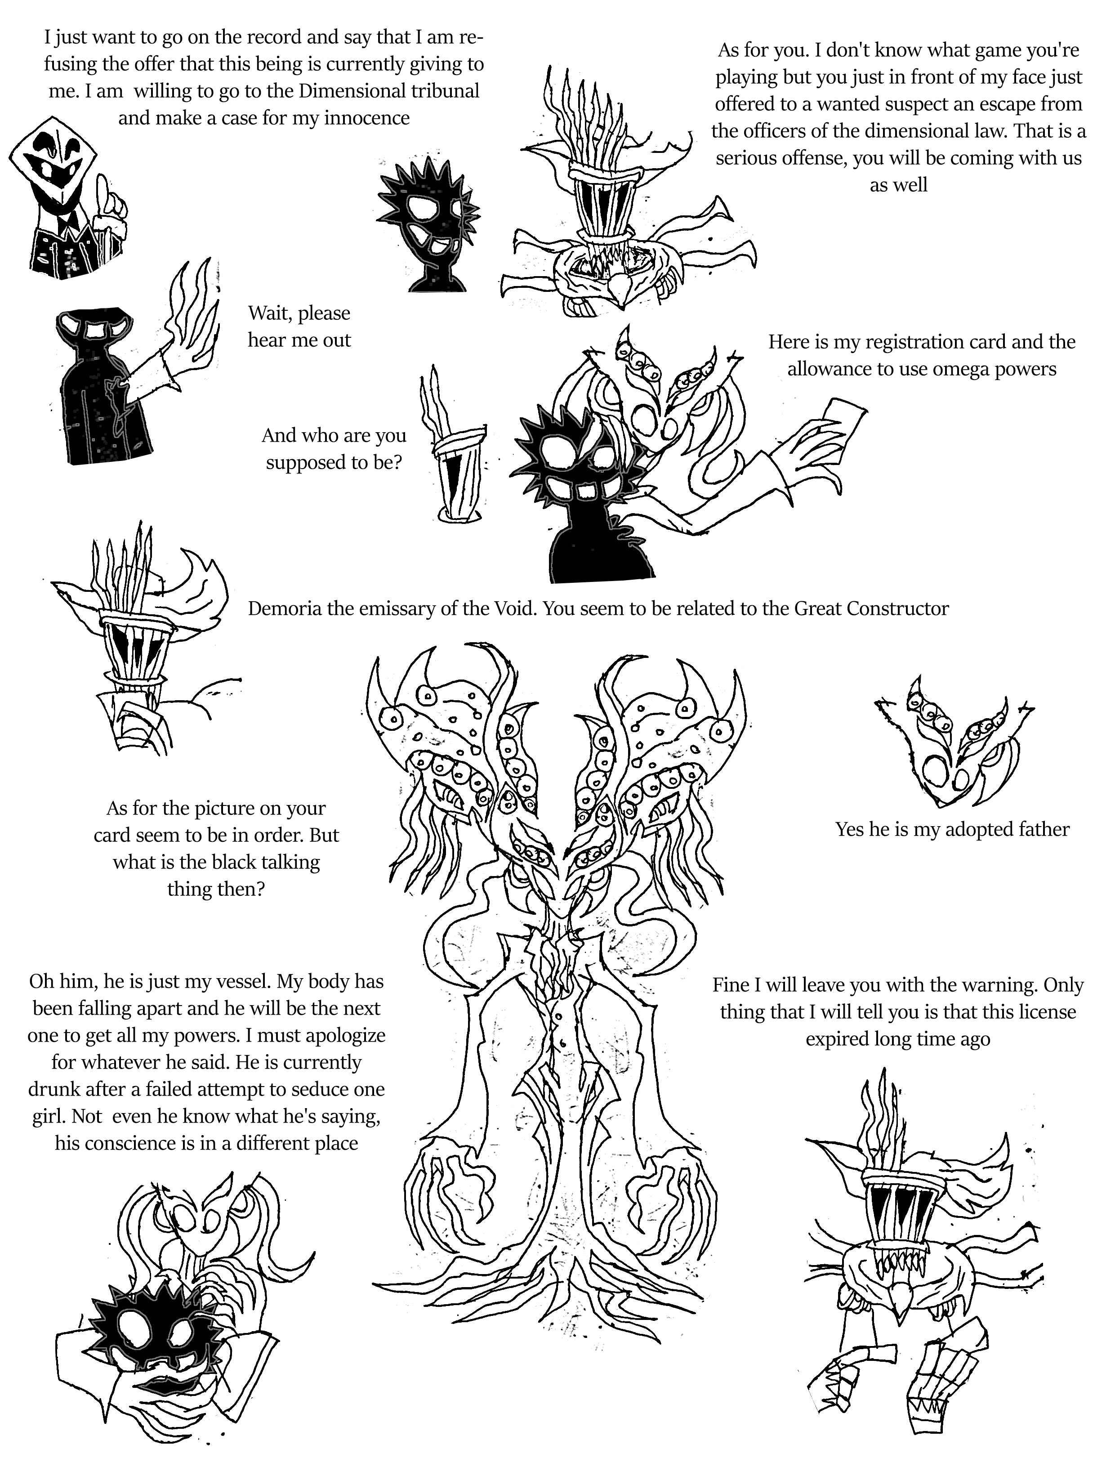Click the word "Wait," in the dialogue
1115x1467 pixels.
point(269,314)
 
